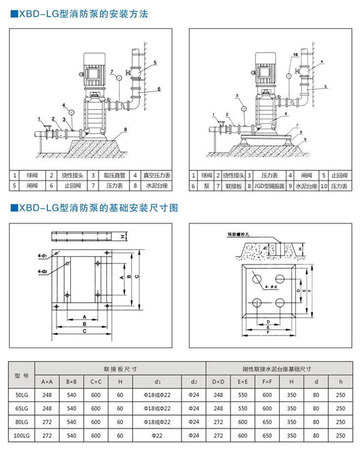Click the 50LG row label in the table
22,395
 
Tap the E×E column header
243,381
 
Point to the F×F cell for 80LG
268,422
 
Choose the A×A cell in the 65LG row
47,409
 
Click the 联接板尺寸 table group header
120,368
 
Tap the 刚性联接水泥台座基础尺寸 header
280,368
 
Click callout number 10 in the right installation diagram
295,54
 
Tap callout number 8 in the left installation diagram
126,129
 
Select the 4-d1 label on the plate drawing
41,256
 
